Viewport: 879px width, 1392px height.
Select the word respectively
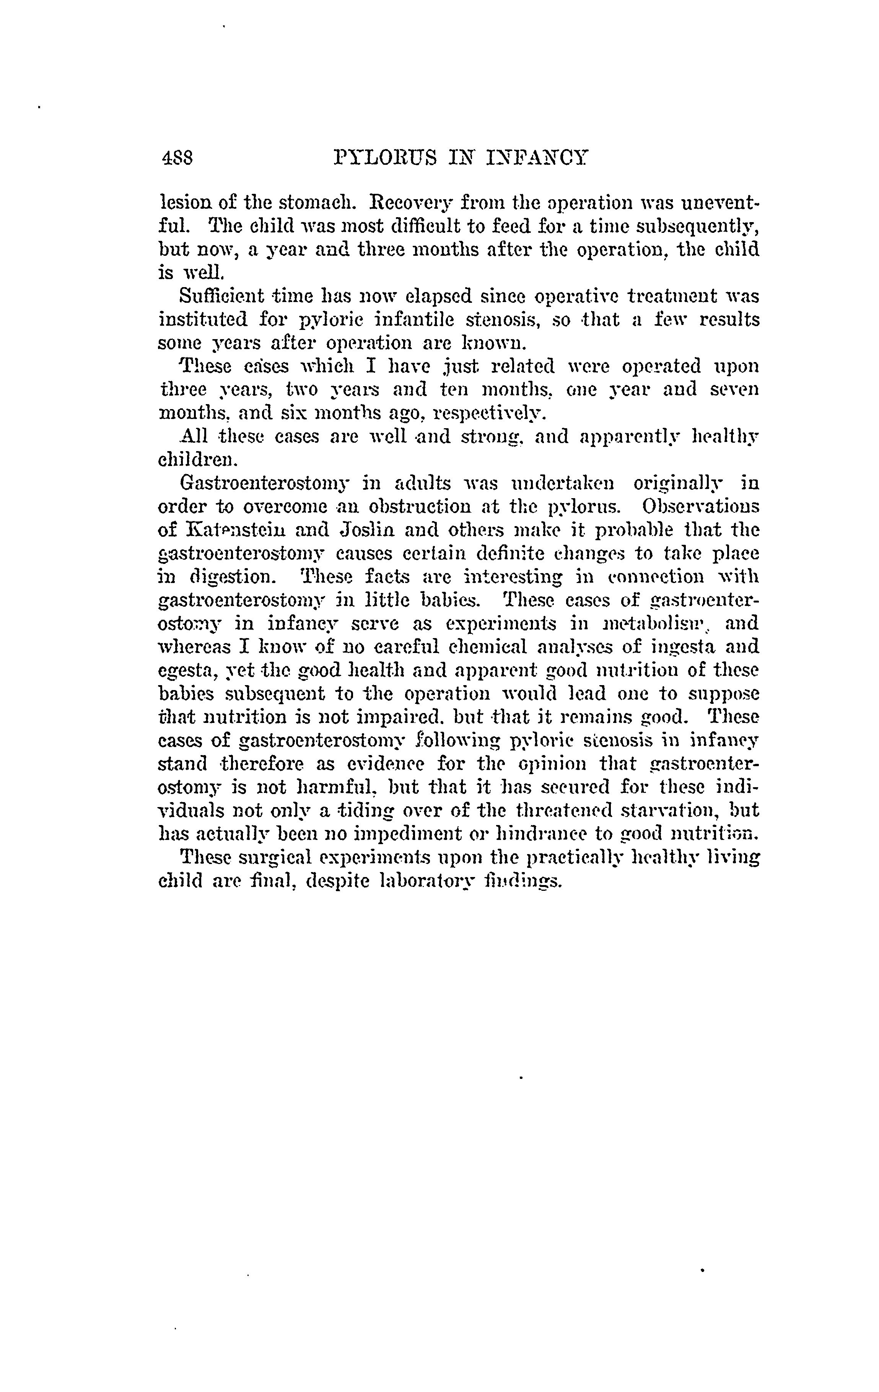click(490, 414)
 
